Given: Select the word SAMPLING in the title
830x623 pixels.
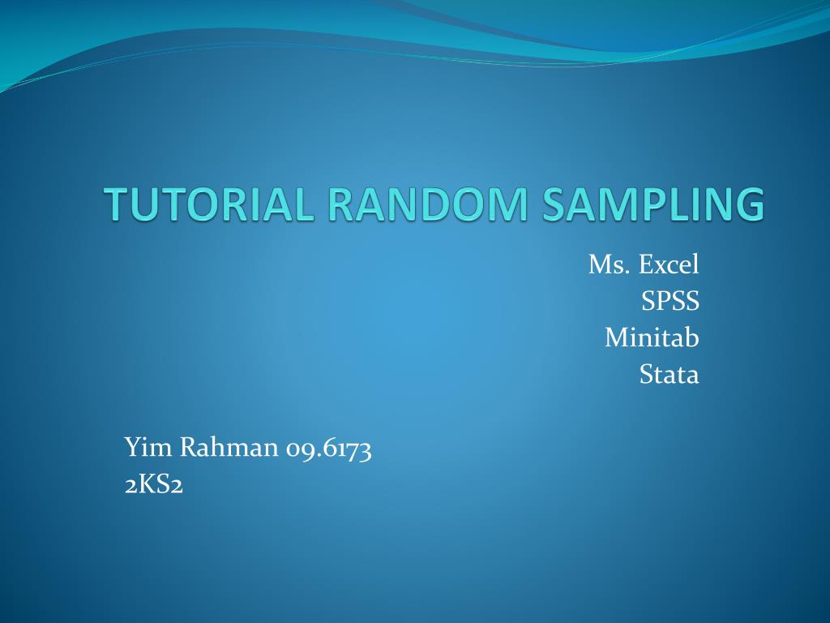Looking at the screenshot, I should (x=653, y=204).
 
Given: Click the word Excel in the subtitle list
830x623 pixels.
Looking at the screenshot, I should (x=669, y=264).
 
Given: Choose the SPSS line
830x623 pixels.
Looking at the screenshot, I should (x=670, y=301).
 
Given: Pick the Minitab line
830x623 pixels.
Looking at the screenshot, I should (x=652, y=337).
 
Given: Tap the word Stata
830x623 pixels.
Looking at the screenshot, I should (x=670, y=375).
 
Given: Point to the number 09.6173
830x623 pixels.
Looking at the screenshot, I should (x=328, y=448).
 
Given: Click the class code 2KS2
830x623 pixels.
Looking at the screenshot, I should (x=154, y=484).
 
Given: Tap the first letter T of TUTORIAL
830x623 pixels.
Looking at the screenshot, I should (x=118, y=204).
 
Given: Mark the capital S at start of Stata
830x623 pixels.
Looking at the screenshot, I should (x=647, y=375).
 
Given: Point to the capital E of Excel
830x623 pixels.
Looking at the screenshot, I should (x=646, y=264).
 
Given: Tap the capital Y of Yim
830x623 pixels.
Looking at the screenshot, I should (x=132, y=446).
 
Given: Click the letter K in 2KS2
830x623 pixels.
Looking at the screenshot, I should (x=148, y=484).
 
